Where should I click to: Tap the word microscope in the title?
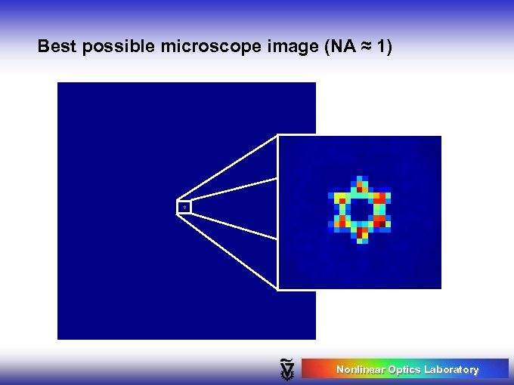click(200, 47)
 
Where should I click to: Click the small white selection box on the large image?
click(184, 207)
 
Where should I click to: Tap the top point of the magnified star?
click(361, 180)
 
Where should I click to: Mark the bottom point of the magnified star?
click(361, 239)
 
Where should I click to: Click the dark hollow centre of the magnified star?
click(361, 210)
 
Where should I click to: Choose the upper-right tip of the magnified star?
click(388, 196)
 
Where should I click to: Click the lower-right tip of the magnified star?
click(388, 224)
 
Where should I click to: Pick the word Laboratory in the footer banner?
click(451, 369)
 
